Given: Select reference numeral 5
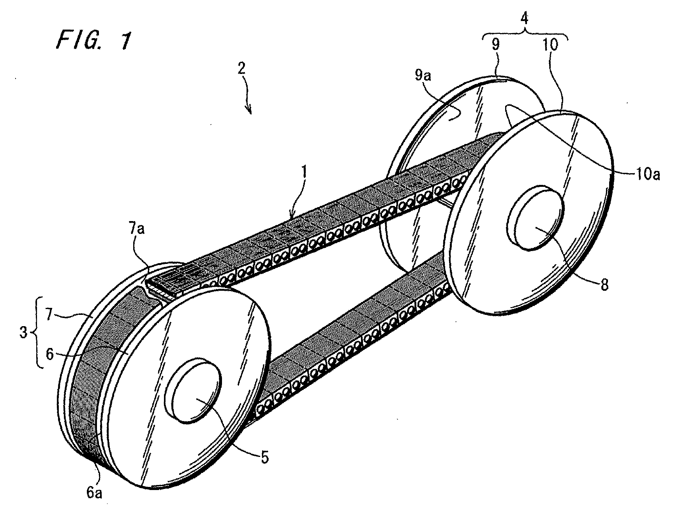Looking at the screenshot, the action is pyautogui.click(x=264, y=458).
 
